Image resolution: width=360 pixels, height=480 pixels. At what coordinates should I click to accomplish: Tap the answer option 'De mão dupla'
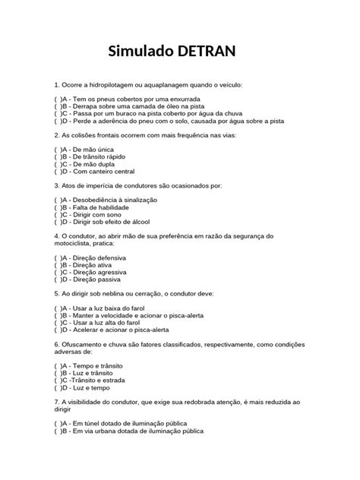click(99, 164)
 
